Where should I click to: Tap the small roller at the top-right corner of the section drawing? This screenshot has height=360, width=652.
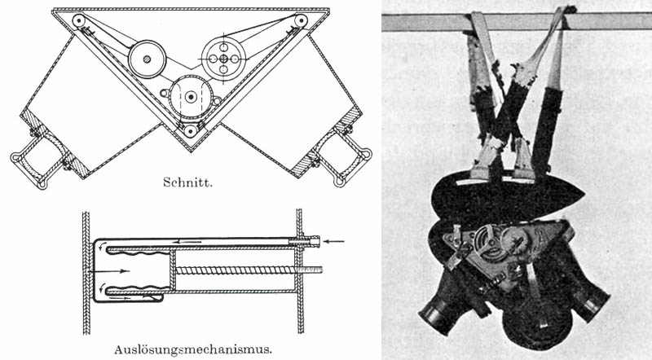point(302,20)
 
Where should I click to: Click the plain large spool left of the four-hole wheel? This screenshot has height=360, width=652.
point(148,59)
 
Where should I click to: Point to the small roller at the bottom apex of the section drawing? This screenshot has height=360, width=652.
point(190,130)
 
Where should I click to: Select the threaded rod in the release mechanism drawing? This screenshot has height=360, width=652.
point(244,270)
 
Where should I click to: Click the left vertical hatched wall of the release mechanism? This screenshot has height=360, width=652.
point(86,273)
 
